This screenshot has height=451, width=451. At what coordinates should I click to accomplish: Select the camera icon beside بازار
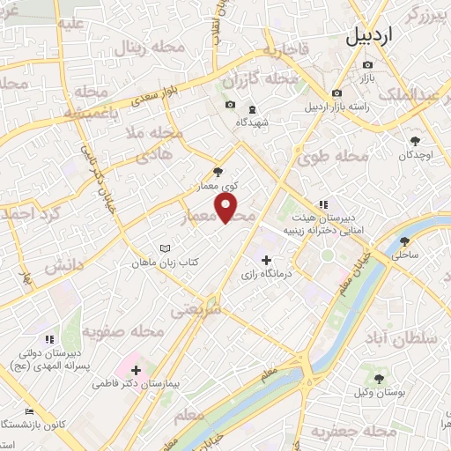[367, 64]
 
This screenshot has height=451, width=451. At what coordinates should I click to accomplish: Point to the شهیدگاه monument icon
[252, 109]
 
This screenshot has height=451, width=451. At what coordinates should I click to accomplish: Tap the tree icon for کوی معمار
[218, 173]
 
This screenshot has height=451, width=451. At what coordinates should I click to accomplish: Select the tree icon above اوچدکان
[416, 140]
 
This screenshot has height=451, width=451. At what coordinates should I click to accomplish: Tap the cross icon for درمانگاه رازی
[267, 259]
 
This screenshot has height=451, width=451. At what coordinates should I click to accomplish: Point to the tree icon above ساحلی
[404, 240]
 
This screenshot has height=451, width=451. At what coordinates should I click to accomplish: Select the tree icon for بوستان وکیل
[379, 379]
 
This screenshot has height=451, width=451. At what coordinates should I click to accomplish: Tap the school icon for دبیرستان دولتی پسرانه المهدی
[49, 338]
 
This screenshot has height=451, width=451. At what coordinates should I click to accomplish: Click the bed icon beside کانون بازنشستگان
[29, 412]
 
